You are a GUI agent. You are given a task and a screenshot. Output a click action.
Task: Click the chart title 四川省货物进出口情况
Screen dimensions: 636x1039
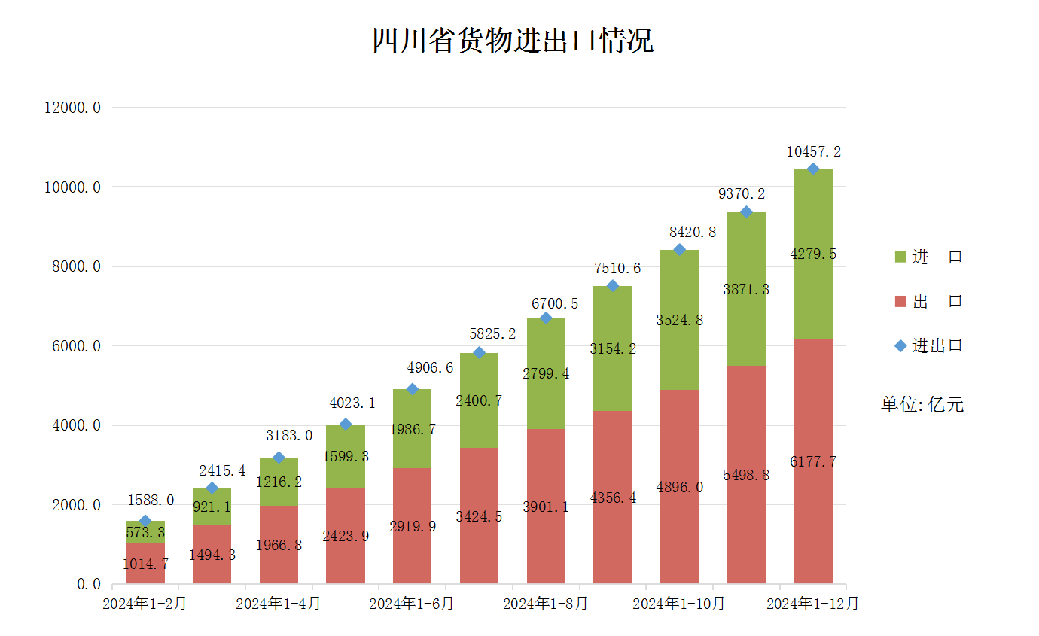tap(513, 41)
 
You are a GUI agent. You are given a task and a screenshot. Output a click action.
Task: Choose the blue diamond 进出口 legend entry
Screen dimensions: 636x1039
tap(928, 345)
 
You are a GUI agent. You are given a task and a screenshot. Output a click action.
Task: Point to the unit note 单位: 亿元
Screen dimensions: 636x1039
tap(922, 404)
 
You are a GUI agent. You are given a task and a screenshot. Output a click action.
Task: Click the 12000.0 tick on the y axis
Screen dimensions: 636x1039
tap(73, 108)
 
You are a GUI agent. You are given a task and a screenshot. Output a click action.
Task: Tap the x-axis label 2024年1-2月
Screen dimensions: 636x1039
tap(145, 604)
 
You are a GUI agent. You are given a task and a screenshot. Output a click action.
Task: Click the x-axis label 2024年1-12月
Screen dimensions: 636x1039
tap(812, 604)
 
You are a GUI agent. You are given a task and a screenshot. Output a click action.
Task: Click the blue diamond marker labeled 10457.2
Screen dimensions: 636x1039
tap(813, 169)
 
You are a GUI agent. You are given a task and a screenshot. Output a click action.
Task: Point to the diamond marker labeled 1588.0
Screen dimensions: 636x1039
tap(145, 521)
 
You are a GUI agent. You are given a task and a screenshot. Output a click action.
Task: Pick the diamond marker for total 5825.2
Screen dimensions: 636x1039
tap(479, 353)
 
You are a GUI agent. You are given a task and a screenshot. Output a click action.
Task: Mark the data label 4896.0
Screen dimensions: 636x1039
tap(679, 487)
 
